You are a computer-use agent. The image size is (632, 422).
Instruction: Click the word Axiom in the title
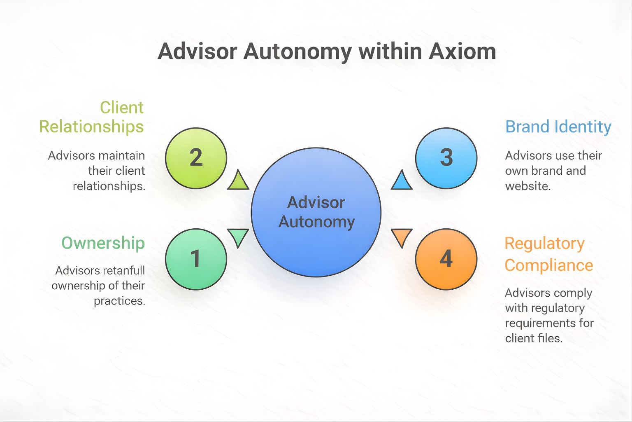click(462, 52)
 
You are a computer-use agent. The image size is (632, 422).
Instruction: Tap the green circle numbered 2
click(196, 158)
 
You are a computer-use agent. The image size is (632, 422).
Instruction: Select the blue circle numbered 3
click(446, 158)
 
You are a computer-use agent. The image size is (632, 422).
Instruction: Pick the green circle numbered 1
click(196, 259)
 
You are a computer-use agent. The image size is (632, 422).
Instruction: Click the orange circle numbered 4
click(446, 259)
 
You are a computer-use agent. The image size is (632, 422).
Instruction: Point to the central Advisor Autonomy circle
click(316, 212)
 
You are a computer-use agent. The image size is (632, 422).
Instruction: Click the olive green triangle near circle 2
click(238, 182)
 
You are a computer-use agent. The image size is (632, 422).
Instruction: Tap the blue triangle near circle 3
click(402, 182)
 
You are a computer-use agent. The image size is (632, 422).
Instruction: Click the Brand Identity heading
click(558, 127)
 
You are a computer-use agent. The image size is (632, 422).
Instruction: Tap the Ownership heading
click(103, 243)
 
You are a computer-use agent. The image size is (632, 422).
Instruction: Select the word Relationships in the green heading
click(91, 127)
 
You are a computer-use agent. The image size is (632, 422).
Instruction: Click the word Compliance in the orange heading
click(548, 265)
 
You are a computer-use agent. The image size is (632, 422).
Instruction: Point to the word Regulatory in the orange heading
click(544, 244)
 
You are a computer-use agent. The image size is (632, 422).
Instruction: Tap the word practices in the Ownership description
click(119, 301)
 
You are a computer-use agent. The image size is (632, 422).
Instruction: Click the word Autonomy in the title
click(297, 52)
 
